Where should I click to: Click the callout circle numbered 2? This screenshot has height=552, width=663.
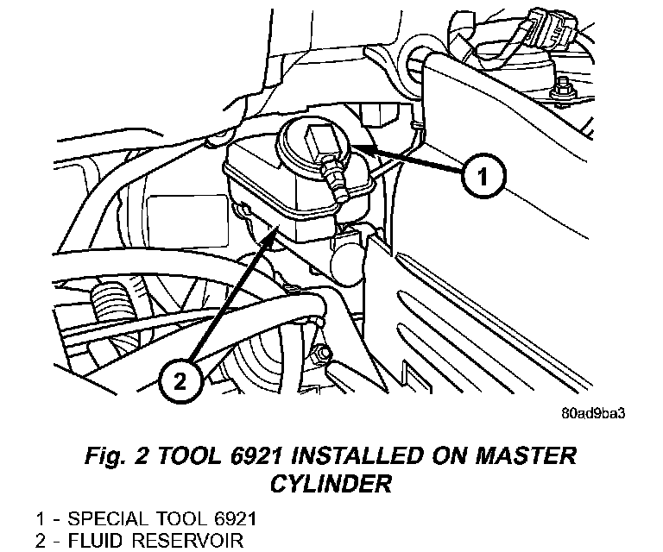(x=180, y=380)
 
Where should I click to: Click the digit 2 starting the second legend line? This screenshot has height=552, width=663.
(x=41, y=542)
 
